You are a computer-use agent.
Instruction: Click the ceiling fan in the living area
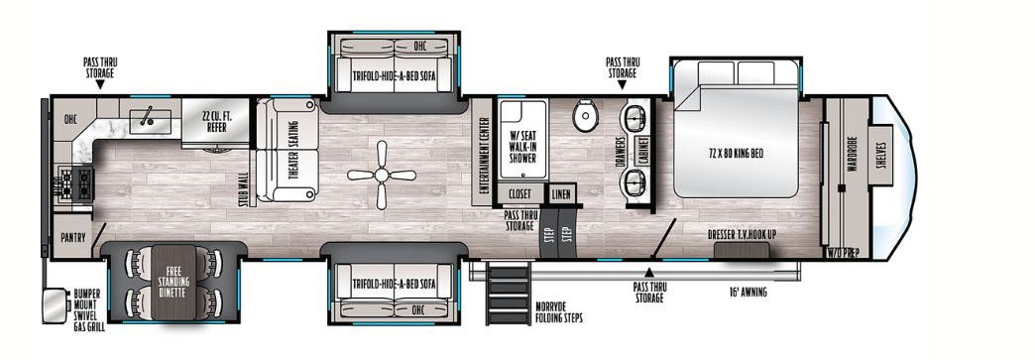point(382,175)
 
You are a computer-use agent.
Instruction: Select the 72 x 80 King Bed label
point(737,153)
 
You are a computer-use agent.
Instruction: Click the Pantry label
point(72,238)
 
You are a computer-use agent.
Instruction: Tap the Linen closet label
point(561,194)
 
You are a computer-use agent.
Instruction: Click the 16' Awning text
point(746,293)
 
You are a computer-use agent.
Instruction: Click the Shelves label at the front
point(882,157)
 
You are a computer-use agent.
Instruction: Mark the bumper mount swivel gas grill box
point(51,305)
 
